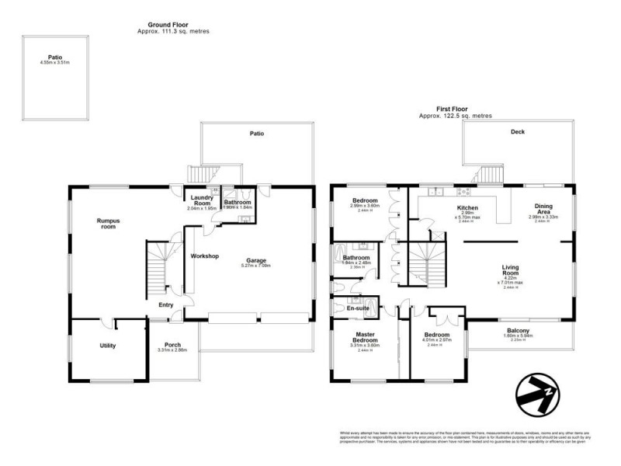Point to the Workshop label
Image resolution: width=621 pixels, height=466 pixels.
204,256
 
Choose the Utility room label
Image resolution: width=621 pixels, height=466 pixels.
107,346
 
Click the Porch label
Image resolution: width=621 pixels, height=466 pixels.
173,346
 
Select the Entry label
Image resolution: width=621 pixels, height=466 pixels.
166,305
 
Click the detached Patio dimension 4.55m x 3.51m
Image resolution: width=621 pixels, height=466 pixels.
54,62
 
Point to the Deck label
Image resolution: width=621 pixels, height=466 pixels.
518,132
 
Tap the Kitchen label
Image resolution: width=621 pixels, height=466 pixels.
467,208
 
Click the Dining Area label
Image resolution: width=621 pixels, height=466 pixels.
543,209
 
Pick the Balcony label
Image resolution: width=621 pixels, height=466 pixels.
520,331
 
